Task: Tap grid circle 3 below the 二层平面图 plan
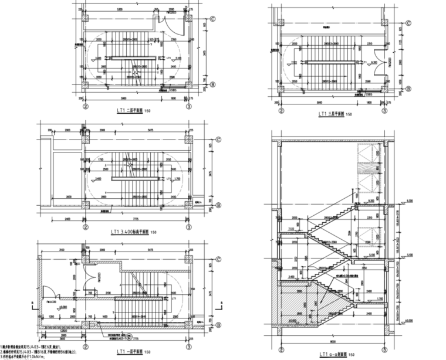[188, 107]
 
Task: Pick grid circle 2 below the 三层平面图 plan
[282, 110]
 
